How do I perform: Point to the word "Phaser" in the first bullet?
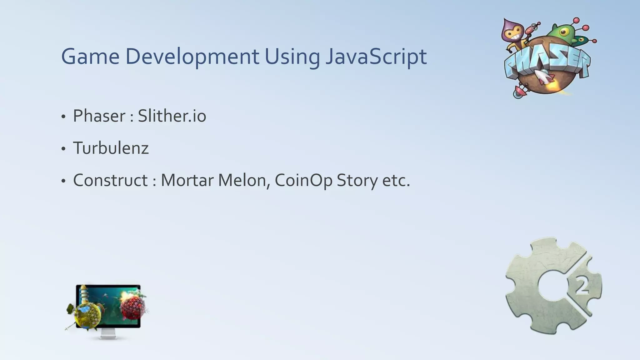point(99,116)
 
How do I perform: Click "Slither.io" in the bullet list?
point(172,116)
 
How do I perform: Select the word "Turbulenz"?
point(111,148)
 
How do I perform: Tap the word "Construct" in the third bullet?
point(110,180)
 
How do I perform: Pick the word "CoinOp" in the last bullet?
point(303,180)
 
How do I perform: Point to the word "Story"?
point(357,180)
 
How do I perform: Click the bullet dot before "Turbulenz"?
point(63,149)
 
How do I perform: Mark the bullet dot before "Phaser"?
point(63,117)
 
